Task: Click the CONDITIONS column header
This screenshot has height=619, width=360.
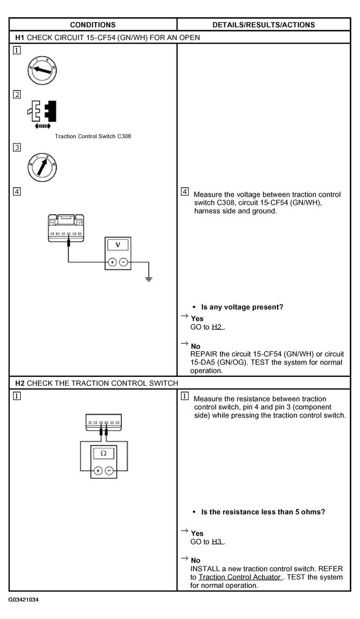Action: pyautogui.click(x=92, y=25)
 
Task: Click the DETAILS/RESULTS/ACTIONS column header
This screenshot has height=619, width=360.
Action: pyautogui.click(x=263, y=25)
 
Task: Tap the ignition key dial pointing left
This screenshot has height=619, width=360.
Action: pyautogui.click(x=42, y=70)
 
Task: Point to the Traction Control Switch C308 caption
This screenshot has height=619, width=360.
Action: pyautogui.click(x=93, y=136)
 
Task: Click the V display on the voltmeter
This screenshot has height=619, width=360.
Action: pyautogui.click(x=118, y=244)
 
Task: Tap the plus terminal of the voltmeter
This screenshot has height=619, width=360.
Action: pyautogui.click(x=111, y=262)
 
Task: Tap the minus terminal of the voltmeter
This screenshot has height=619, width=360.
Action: pyautogui.click(x=124, y=262)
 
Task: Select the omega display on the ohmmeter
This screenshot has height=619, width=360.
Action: pyautogui.click(x=103, y=453)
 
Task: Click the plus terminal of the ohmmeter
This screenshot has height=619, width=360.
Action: pyautogui.click(x=97, y=471)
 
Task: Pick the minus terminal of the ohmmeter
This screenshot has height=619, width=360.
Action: pyautogui.click(x=109, y=471)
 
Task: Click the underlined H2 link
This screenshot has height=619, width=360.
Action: pyautogui.click(x=217, y=327)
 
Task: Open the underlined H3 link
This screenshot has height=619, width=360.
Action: pyautogui.click(x=217, y=542)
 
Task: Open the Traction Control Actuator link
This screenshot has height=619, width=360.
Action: pyautogui.click(x=240, y=577)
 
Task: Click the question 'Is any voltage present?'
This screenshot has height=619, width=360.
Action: pyautogui.click(x=242, y=307)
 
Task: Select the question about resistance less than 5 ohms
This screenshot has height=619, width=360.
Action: pyautogui.click(x=263, y=512)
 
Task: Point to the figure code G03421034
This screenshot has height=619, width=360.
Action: pyautogui.click(x=23, y=600)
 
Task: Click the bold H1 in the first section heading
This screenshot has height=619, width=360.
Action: pyautogui.click(x=20, y=37)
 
